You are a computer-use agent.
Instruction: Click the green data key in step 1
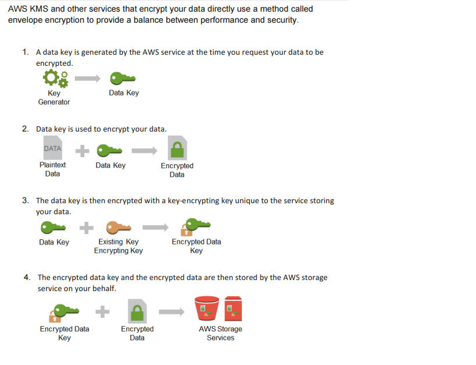pyautogui.click(x=123, y=78)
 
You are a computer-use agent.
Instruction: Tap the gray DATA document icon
pyautogui.click(x=52, y=149)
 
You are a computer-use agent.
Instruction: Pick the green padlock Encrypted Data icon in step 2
pyautogui.click(x=177, y=149)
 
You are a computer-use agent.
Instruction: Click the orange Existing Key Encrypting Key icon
pyautogui.click(x=119, y=226)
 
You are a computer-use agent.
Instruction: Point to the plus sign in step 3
pyautogui.click(x=85, y=226)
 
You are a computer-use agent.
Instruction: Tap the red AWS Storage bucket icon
pyautogui.click(x=206, y=309)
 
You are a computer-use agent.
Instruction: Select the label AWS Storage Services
pyautogui.click(x=220, y=333)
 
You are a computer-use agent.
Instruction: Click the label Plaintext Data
pyautogui.click(x=52, y=169)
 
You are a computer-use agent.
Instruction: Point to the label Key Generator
pyautogui.click(x=54, y=97)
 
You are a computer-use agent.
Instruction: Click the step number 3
pyautogui.click(x=26, y=200)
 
